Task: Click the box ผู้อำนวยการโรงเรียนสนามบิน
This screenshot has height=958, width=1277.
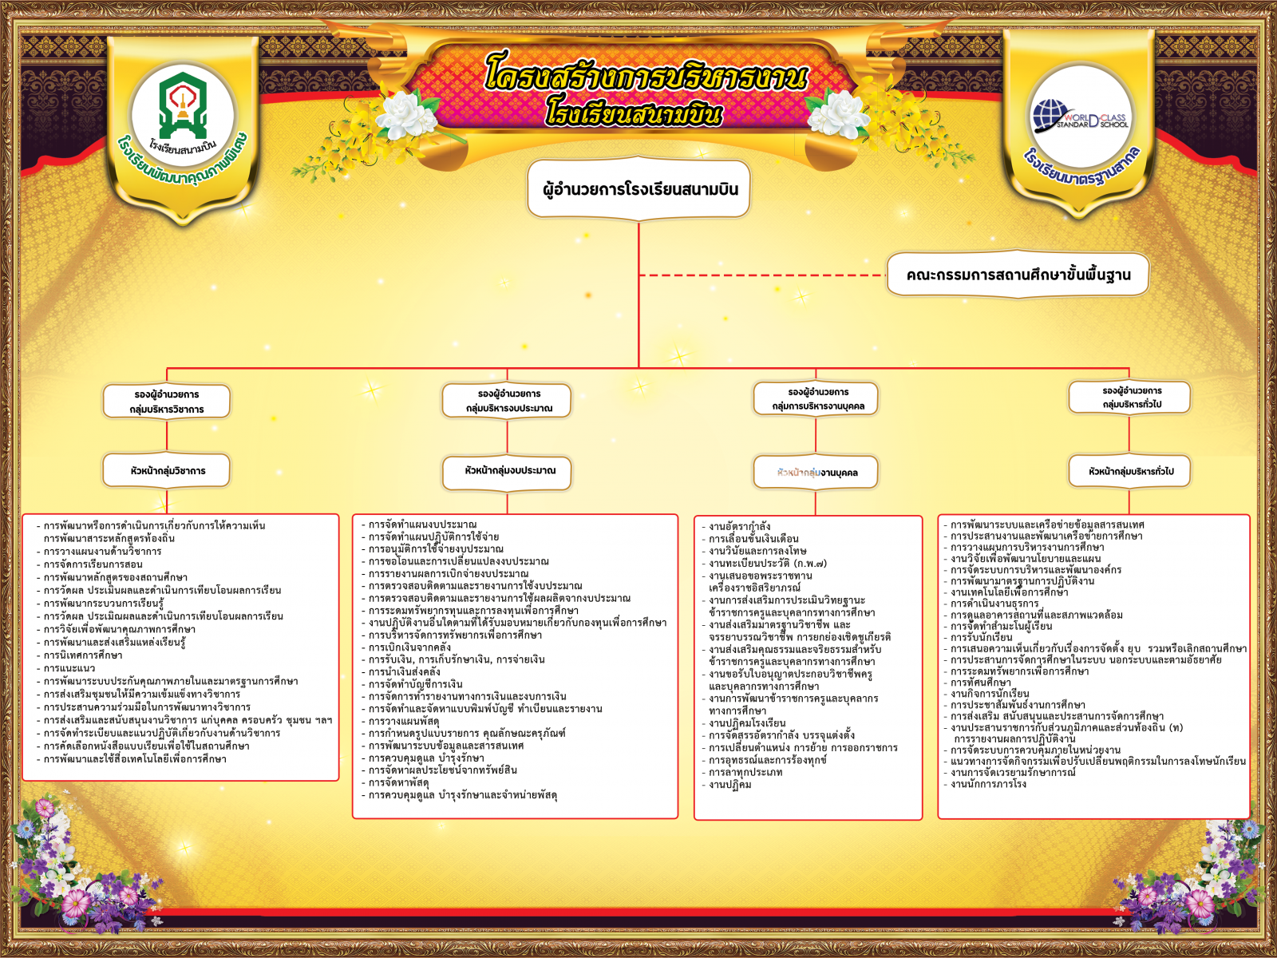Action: [x=638, y=189]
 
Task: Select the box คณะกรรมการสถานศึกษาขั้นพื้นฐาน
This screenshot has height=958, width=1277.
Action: [x=1018, y=275]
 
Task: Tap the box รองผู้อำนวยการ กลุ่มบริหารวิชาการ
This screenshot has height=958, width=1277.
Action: [x=167, y=402]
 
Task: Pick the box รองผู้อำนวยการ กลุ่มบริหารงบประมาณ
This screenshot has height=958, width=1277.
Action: [x=508, y=401]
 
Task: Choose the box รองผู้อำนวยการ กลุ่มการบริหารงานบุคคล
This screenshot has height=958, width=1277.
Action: [x=816, y=399]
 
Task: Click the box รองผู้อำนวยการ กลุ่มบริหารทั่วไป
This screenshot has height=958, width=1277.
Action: [x=1130, y=398]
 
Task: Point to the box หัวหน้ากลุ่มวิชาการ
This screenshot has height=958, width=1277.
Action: [x=167, y=471]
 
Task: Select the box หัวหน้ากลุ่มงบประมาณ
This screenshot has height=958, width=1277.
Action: [x=508, y=471]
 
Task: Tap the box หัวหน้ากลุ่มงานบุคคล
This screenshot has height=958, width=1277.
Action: [x=816, y=473]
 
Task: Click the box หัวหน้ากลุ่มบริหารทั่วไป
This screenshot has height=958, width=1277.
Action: [x=1130, y=472]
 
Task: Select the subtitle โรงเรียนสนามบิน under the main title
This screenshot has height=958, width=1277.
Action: [x=634, y=113]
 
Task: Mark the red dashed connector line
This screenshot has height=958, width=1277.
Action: [x=762, y=275]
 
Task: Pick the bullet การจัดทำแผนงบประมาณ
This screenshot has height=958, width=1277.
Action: [x=422, y=525]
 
